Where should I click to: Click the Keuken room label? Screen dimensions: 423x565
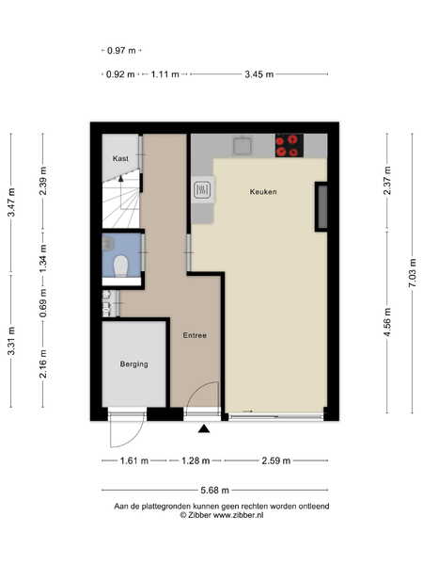[x=263, y=192]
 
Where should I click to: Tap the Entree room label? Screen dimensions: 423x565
[x=195, y=335]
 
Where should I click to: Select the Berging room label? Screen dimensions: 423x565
[x=133, y=364]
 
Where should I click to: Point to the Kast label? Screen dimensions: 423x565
[x=120, y=158]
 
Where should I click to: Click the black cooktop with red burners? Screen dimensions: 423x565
[x=290, y=145]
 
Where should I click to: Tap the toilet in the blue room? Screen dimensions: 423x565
[x=121, y=266]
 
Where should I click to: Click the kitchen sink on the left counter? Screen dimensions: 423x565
[x=203, y=189]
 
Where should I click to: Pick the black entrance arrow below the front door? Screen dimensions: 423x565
[x=204, y=428]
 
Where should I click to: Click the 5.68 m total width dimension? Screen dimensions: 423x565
[x=214, y=490]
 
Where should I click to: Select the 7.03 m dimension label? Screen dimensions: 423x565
[x=413, y=272]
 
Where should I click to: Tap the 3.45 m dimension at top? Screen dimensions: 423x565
[x=259, y=74]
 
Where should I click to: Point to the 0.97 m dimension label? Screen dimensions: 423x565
[x=121, y=51]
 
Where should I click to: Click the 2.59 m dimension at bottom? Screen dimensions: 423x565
[x=275, y=460]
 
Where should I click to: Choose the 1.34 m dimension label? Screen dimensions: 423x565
[x=43, y=259]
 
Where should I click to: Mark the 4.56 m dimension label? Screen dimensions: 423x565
[x=387, y=322]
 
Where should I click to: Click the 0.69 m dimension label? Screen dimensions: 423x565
[x=43, y=303]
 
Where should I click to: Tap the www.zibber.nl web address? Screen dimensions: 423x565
[x=239, y=515]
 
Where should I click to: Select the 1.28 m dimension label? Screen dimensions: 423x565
[x=196, y=460]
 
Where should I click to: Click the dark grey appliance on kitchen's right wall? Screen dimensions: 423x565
[x=321, y=206]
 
